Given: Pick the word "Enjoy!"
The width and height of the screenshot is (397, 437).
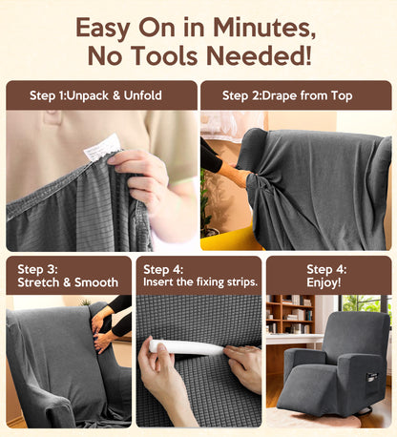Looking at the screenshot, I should point(327,282).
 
